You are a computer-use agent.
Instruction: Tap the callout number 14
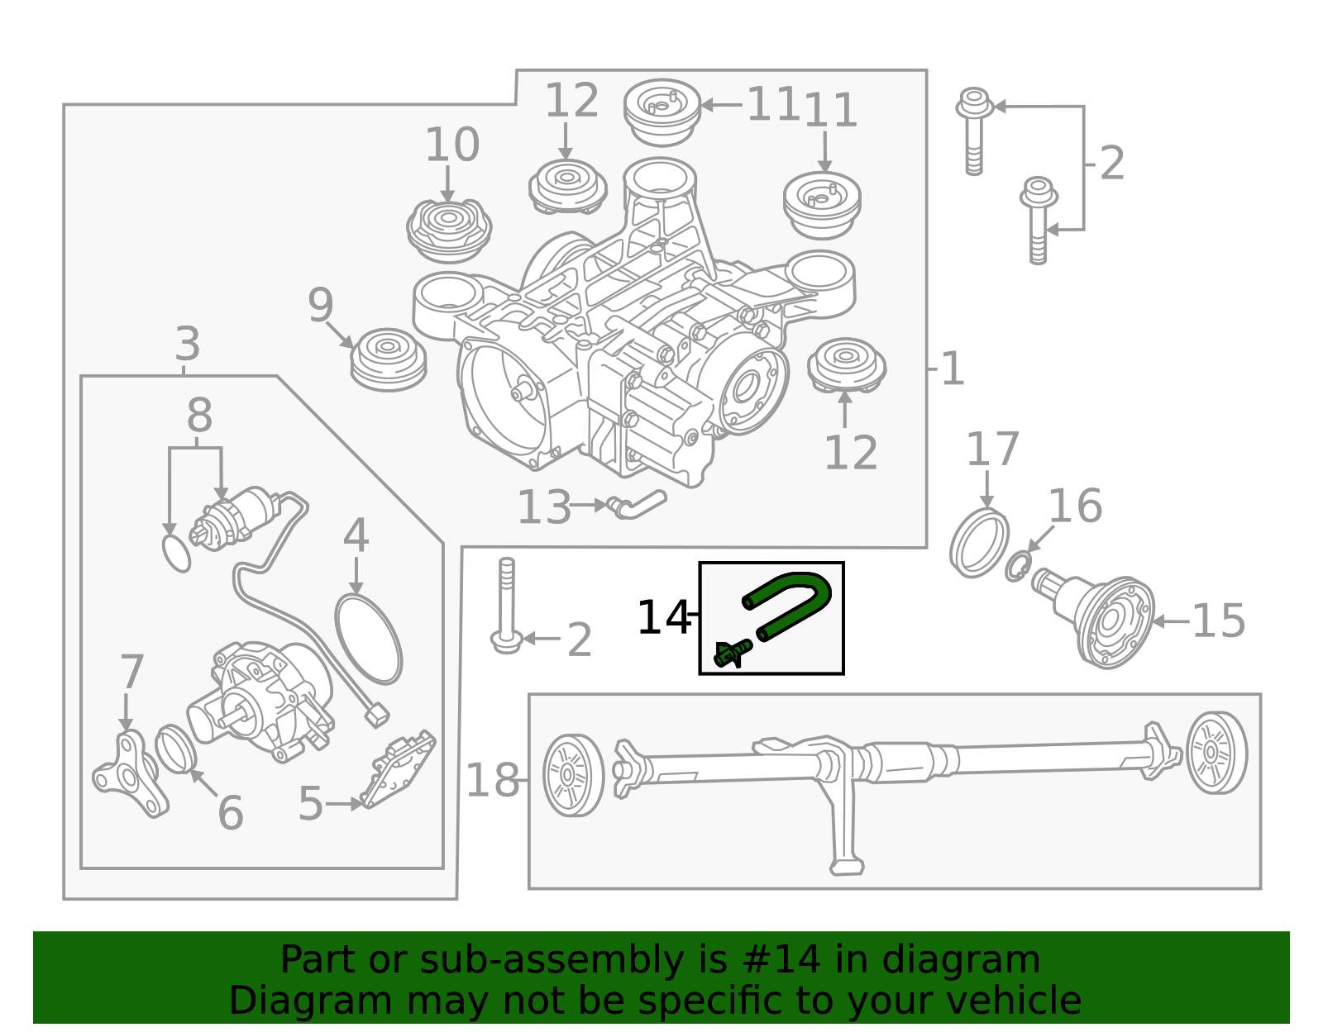click(662, 618)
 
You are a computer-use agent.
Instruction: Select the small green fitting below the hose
click(730, 654)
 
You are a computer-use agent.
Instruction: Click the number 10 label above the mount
click(451, 145)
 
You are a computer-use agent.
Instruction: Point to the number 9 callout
click(320, 306)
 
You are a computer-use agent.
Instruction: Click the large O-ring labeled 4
click(369, 639)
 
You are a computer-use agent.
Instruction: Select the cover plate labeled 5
click(398, 768)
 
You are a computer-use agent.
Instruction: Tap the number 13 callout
click(543, 507)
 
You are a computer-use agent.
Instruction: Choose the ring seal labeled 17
click(979, 543)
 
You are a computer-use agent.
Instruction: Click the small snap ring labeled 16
click(1018, 567)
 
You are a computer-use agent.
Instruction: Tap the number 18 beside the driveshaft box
click(492, 781)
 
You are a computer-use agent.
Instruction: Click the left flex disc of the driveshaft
click(572, 775)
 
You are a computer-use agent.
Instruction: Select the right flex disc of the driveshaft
click(1216, 753)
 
